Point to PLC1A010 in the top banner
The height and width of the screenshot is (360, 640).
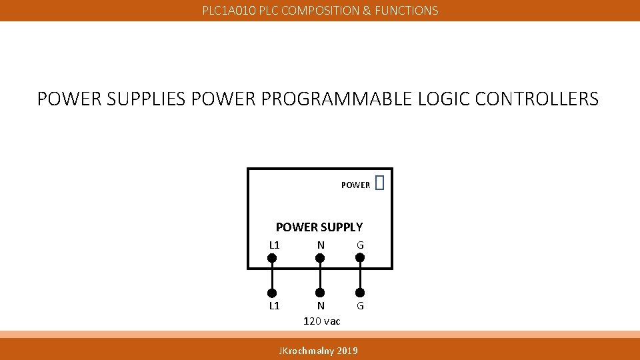[229, 11]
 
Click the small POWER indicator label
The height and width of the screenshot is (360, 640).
[355, 185]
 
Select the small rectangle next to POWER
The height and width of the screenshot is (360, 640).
[380, 183]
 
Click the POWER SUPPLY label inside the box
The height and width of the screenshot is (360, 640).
[319, 227]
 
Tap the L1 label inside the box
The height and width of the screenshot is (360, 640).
[274, 245]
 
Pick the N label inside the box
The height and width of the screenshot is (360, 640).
[321, 245]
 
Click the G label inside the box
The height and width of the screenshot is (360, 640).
[360, 245]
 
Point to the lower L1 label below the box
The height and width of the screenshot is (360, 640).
[274, 306]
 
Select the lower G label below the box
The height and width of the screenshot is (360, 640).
[360, 306]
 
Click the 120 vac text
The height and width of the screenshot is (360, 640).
[321, 321]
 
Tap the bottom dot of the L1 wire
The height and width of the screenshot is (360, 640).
[272, 293]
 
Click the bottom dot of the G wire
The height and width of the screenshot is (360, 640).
[360, 293]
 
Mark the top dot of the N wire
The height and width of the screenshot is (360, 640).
[320, 257]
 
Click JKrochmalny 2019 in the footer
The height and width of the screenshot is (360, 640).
[318, 350]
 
